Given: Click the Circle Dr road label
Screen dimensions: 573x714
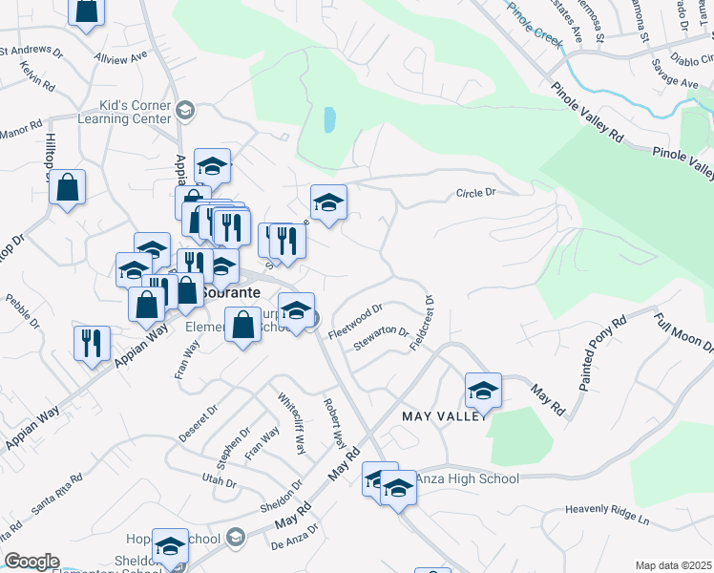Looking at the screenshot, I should pyautogui.click(x=476, y=193).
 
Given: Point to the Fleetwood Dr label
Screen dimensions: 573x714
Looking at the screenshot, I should pyautogui.click(x=355, y=321).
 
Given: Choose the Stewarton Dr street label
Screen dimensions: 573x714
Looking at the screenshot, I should pyautogui.click(x=381, y=340).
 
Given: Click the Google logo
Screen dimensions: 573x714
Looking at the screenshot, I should pyautogui.click(x=31, y=562).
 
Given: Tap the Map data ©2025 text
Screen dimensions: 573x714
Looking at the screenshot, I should pyautogui.click(x=673, y=565).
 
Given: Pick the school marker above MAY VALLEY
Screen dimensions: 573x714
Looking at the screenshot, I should pyautogui.click(x=483, y=390).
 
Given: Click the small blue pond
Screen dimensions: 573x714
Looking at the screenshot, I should pyautogui.click(x=329, y=119).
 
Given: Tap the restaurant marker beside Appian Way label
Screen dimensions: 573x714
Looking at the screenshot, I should pyautogui.click(x=92, y=343).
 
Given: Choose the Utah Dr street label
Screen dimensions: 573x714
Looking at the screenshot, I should pyautogui.click(x=220, y=482).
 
